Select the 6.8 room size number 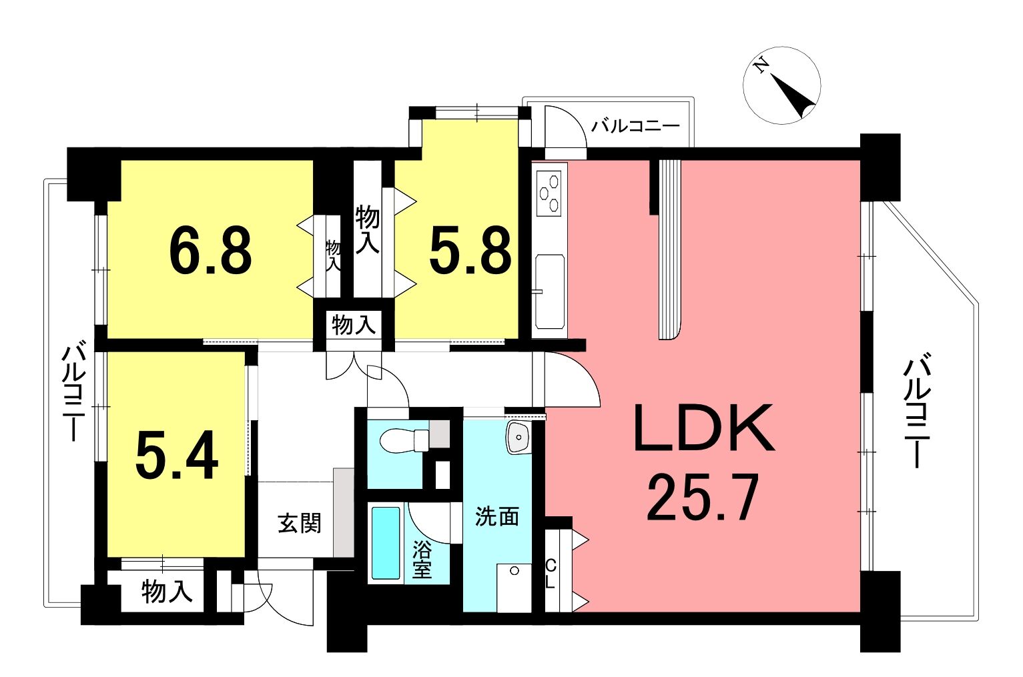210,251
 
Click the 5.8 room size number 470,251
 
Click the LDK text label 704,428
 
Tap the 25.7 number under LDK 703,497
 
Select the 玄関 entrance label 300,523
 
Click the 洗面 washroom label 497,516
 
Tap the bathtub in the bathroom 386,543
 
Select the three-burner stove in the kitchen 549,193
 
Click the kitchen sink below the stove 549,291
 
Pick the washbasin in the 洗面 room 518,437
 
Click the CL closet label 551,574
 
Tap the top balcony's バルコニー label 636,125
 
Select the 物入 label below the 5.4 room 167,592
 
